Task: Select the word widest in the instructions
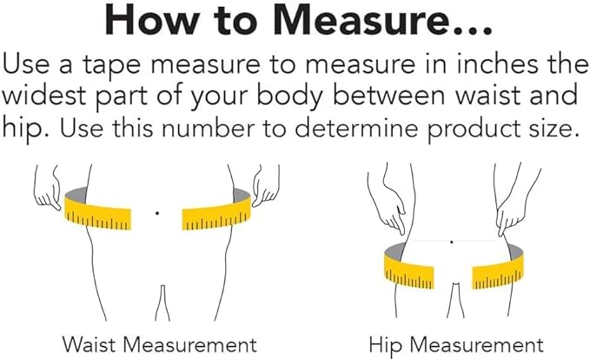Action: [45, 96]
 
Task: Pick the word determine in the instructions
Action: [356, 128]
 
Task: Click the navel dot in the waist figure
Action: [157, 213]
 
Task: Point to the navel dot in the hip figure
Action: [452, 242]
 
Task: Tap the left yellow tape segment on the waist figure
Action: [98, 213]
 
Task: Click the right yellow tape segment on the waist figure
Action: [216, 213]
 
